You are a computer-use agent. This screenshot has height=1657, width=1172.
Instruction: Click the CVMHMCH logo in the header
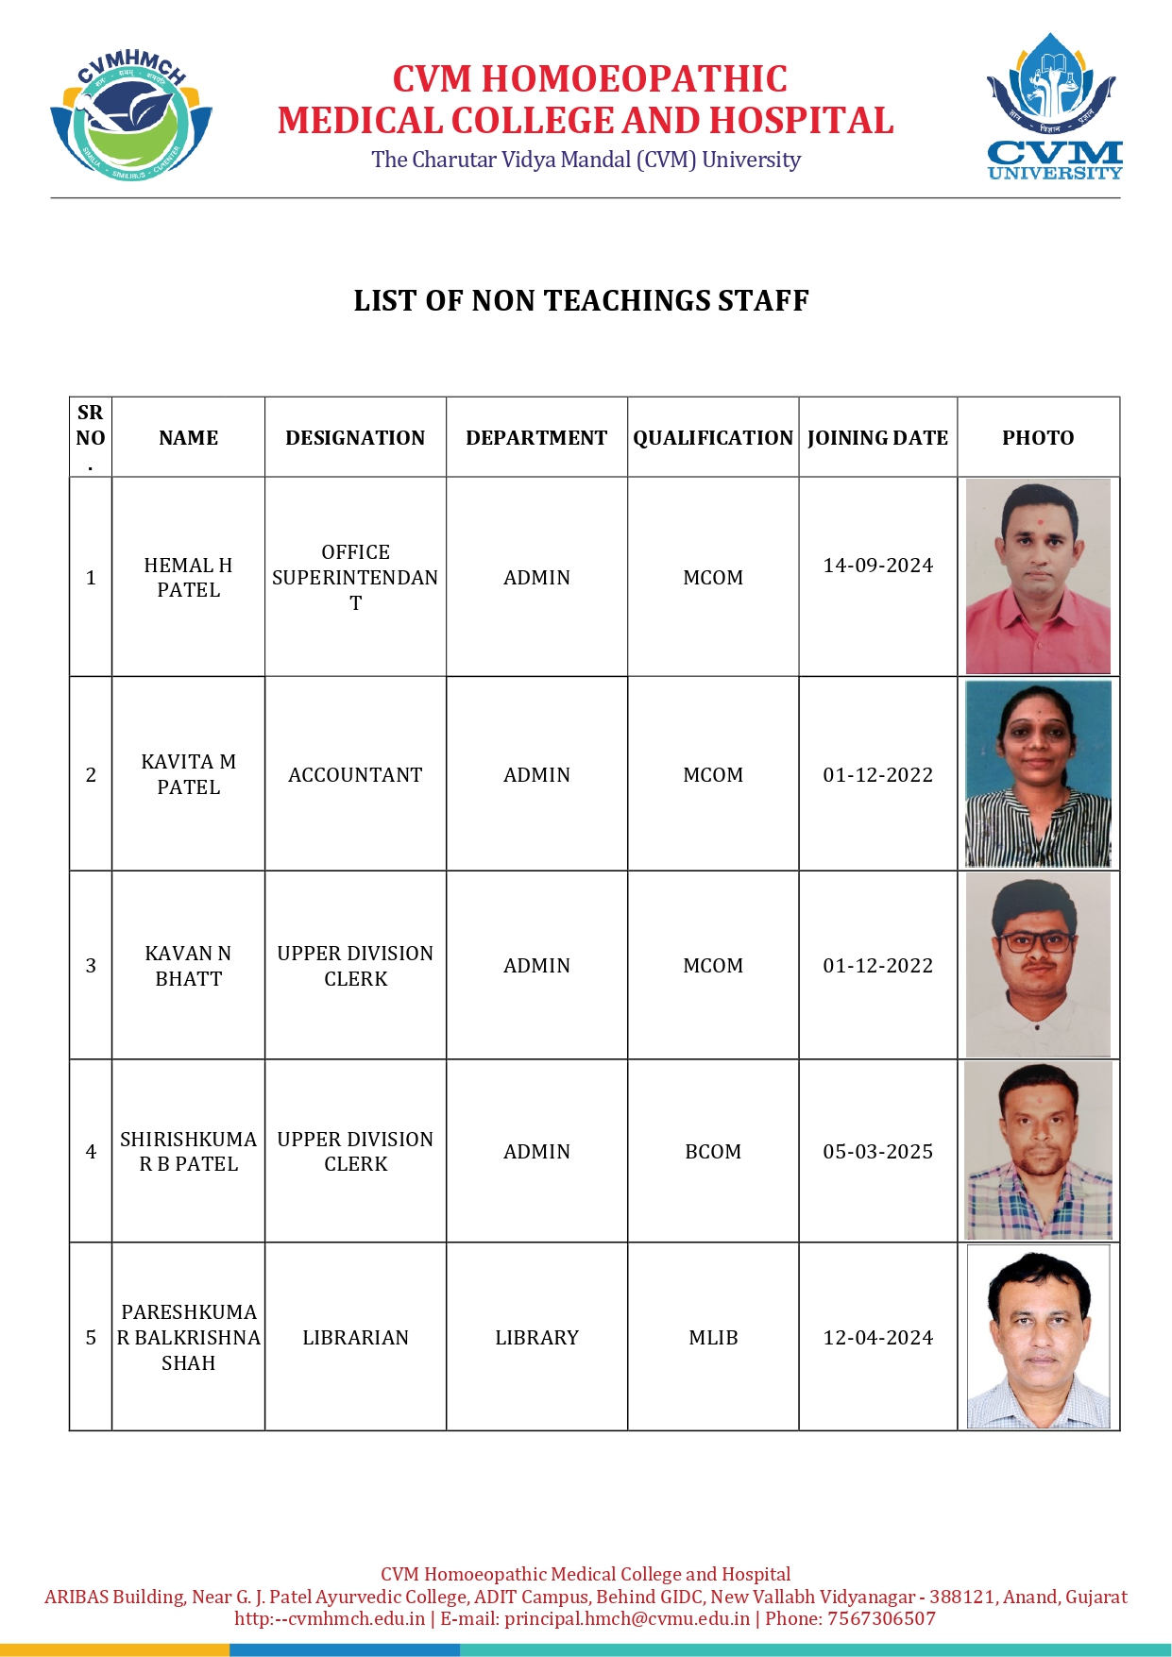coord(131,116)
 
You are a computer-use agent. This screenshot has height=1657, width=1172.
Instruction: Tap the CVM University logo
coord(1054,107)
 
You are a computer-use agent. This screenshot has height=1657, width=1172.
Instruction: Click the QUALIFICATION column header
coord(713,438)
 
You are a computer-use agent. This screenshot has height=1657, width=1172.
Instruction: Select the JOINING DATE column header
coord(877,438)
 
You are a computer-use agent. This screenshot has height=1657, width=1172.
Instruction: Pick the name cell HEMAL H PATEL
coord(188,578)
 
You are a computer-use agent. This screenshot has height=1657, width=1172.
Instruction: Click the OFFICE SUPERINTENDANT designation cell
coord(355,578)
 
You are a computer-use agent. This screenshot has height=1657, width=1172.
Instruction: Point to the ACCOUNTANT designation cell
coord(355,775)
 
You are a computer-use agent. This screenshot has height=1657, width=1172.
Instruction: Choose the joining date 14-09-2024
coord(877,566)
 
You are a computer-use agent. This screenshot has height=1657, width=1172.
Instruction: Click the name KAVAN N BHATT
coord(188,966)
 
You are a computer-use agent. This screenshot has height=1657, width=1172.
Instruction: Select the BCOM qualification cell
coord(713,1152)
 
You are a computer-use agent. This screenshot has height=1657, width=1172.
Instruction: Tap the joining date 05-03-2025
coord(877,1152)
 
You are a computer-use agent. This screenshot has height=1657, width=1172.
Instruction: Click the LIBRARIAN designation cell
coord(355,1338)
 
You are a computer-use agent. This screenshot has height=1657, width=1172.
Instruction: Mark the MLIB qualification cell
coord(713,1338)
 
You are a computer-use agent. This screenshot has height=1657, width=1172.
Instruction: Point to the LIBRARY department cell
coord(536,1338)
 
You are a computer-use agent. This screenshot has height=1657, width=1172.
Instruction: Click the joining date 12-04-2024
coord(877,1338)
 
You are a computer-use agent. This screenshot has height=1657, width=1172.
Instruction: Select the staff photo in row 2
coord(1038,774)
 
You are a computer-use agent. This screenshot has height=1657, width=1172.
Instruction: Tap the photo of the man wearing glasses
coord(1038,965)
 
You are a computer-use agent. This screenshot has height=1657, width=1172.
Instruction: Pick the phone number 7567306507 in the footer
coord(881,1618)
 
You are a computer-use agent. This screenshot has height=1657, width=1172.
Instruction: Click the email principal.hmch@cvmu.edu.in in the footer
coord(627,1618)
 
